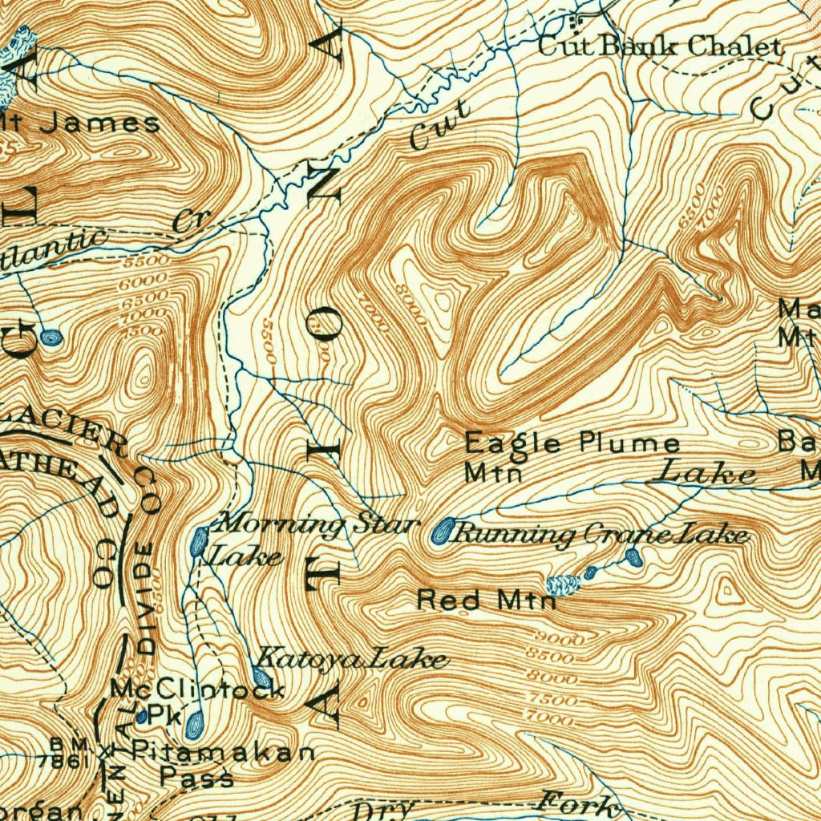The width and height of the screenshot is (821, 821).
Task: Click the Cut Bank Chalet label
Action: (x=659, y=47)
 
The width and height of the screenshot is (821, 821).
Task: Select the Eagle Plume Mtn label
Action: (x=572, y=455)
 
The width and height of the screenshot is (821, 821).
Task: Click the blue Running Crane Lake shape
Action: (x=442, y=531)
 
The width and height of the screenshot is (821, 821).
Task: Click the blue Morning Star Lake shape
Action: (x=198, y=542)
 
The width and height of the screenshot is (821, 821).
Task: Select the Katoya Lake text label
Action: (x=353, y=659)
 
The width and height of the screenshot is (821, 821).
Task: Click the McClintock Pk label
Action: (x=196, y=699)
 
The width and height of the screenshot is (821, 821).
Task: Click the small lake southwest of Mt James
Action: (x=51, y=338)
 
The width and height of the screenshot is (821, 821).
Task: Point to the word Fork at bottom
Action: (x=580, y=803)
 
